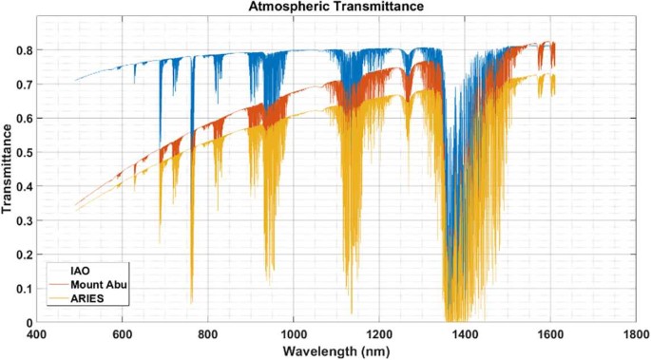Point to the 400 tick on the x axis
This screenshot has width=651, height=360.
pos(37,334)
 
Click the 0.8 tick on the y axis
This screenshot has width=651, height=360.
pos(25,49)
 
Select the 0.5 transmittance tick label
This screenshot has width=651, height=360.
pos(25,152)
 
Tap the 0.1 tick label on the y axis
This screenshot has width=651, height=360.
pos(25,289)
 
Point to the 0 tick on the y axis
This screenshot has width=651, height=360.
pos(29,323)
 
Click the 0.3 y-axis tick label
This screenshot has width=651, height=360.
pos(25,220)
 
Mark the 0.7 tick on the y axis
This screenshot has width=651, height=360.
pos(25,84)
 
